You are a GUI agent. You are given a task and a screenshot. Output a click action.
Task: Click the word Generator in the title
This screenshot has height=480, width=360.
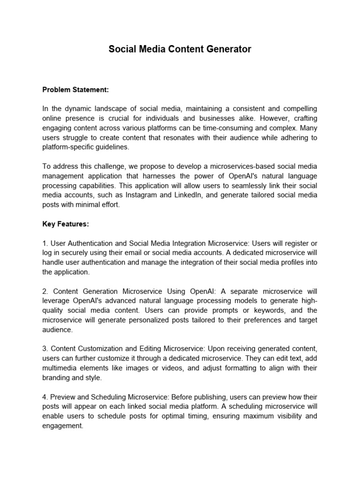pos(228,49)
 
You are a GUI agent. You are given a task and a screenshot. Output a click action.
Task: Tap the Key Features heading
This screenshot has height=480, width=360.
pos(66,224)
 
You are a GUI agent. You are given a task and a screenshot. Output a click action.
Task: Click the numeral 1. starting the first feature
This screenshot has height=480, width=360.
pos(45,243)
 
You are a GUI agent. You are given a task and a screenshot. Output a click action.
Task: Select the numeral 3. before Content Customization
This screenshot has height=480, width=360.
pos(45,349)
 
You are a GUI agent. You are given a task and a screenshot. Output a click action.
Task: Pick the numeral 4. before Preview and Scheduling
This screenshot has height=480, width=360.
pos(45,396)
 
